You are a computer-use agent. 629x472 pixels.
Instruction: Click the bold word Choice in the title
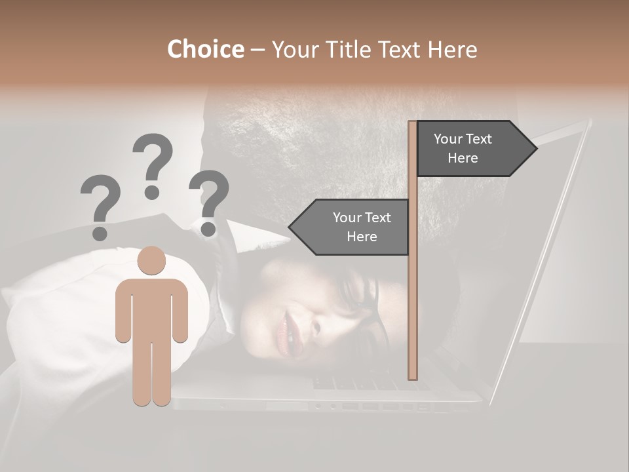[x=205, y=50]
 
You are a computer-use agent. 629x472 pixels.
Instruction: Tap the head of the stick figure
[x=152, y=260]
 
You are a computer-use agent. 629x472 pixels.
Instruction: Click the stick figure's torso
[x=152, y=308]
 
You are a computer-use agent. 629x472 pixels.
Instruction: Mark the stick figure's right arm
[x=180, y=311]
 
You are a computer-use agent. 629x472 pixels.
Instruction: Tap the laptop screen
[x=550, y=262]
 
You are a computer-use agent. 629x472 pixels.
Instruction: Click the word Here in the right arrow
[x=463, y=158]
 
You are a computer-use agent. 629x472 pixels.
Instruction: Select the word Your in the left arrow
[x=347, y=218]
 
